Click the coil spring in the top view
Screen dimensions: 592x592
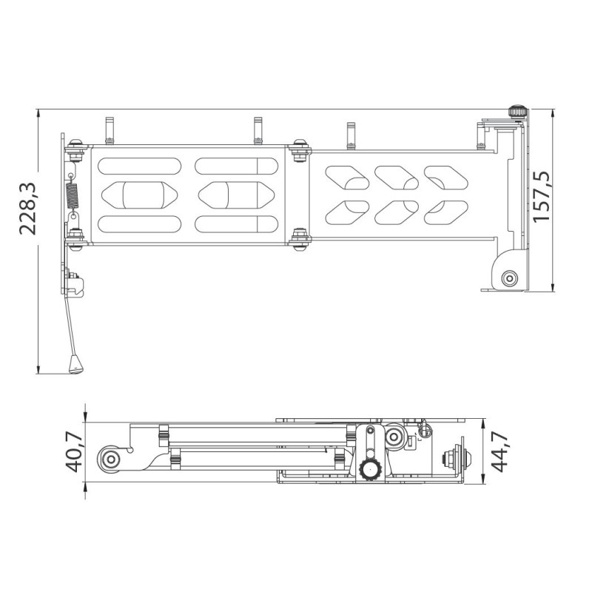click(73, 195)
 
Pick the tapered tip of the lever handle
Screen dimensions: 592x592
click(74, 365)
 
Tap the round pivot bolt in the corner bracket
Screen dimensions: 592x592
click(508, 278)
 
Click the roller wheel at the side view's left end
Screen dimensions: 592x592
click(112, 459)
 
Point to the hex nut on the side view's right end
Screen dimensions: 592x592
click(449, 459)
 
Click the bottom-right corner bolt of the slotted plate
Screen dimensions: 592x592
click(300, 238)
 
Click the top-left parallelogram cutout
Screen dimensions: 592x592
click(346, 178)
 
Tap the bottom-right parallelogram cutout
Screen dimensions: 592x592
click(444, 212)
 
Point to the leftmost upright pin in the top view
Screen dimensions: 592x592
click(109, 128)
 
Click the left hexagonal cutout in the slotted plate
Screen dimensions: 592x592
click(139, 195)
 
